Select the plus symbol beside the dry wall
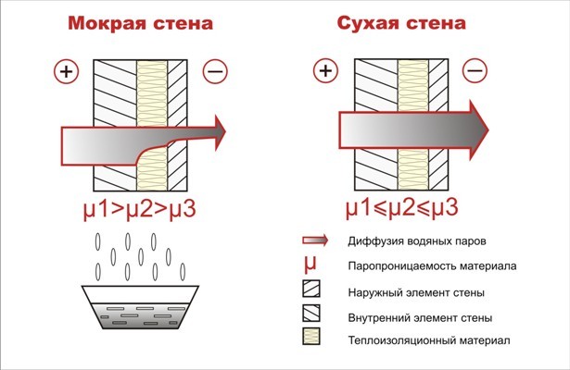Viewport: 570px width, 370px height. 323,69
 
